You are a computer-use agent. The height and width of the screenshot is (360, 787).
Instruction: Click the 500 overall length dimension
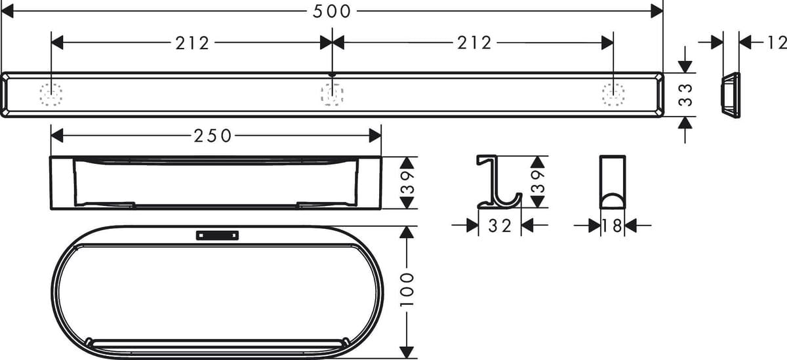[x=331, y=11]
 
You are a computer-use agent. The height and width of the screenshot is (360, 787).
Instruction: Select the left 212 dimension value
[x=192, y=43]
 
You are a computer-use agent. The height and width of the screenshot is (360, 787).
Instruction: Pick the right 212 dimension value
[x=474, y=43]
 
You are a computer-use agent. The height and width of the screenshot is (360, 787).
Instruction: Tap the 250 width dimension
[x=212, y=136]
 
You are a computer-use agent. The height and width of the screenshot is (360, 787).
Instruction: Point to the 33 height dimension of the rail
[x=685, y=95]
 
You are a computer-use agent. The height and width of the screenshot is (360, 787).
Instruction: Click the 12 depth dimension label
[x=777, y=43]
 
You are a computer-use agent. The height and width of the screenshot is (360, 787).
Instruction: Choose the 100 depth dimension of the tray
[x=407, y=290]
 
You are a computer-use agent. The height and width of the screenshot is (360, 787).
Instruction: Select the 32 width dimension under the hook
[x=500, y=226]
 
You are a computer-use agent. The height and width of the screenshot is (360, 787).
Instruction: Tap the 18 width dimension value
[x=612, y=226]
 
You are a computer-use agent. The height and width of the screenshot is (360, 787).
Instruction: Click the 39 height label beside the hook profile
[x=538, y=182]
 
